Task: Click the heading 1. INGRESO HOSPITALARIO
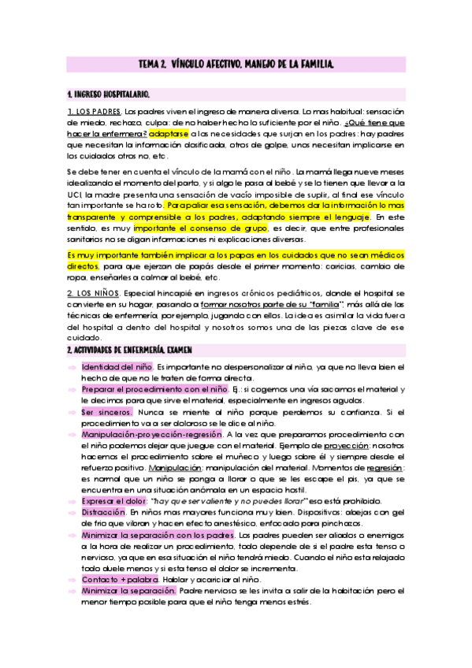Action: [x=108, y=94]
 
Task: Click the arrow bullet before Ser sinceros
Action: [x=72, y=412]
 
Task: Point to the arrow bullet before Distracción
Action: [x=72, y=513]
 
